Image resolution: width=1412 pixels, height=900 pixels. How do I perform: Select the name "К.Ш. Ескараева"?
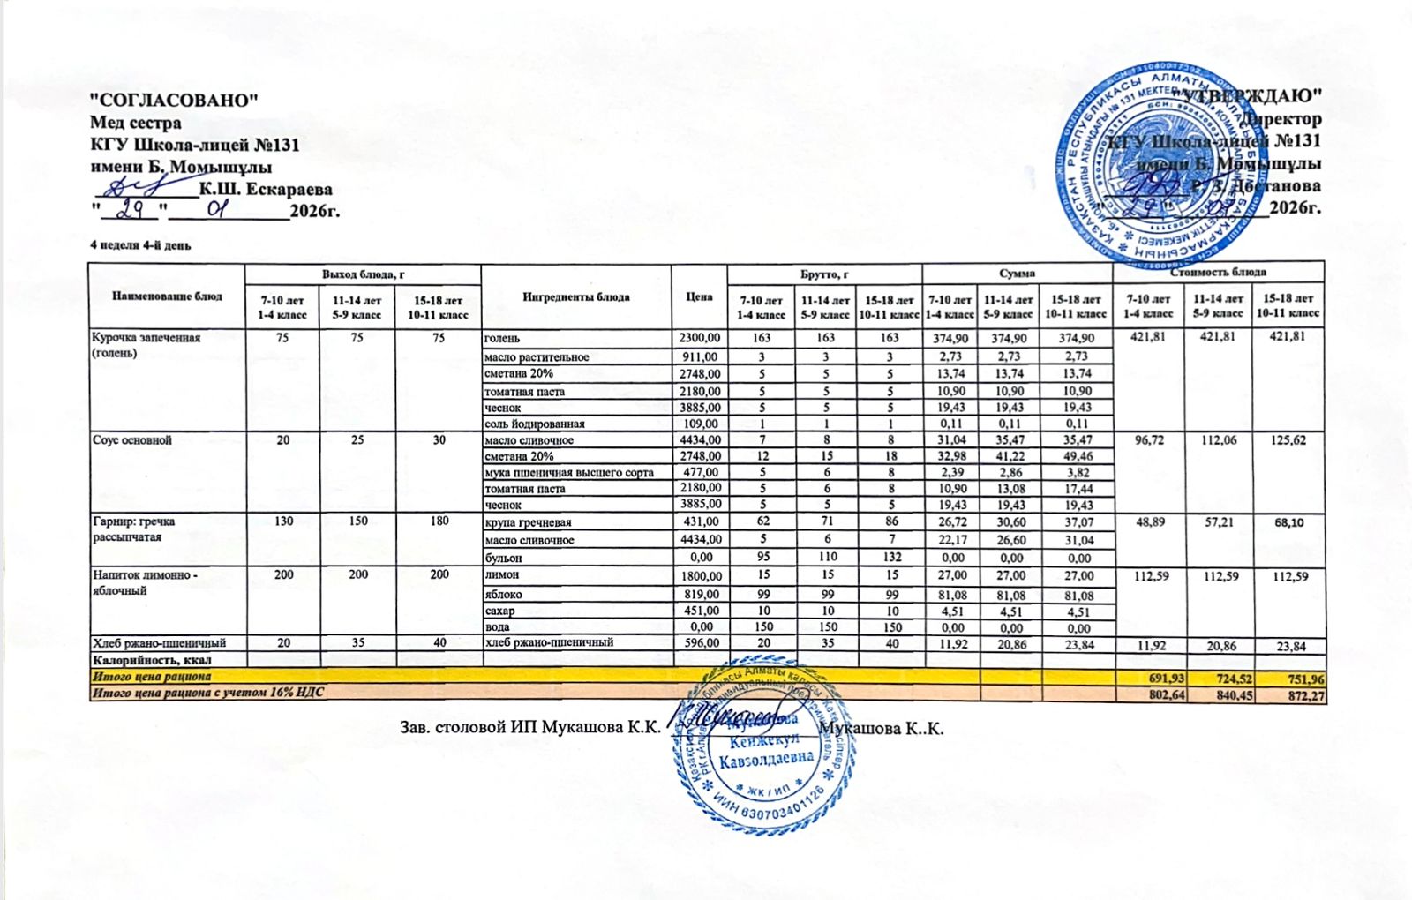pos(266,189)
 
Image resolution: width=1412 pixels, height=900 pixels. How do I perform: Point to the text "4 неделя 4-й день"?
pos(140,244)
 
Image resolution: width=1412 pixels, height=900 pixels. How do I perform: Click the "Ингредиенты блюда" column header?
pos(575,296)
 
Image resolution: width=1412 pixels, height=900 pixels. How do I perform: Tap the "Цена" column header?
pos(699,296)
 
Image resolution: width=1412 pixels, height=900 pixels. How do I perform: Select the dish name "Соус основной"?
pos(132,440)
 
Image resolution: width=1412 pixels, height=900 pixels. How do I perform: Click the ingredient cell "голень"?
pos(502,338)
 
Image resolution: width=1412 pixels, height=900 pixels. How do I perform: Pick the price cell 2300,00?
pos(700,338)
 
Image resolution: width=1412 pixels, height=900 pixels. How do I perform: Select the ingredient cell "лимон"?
pos(500,574)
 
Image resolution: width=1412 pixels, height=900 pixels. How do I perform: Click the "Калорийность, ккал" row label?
pos(153,660)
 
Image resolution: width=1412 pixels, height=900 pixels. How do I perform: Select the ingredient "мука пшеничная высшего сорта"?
pos(569,473)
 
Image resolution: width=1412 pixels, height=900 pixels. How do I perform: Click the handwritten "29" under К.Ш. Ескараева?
pos(129,210)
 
